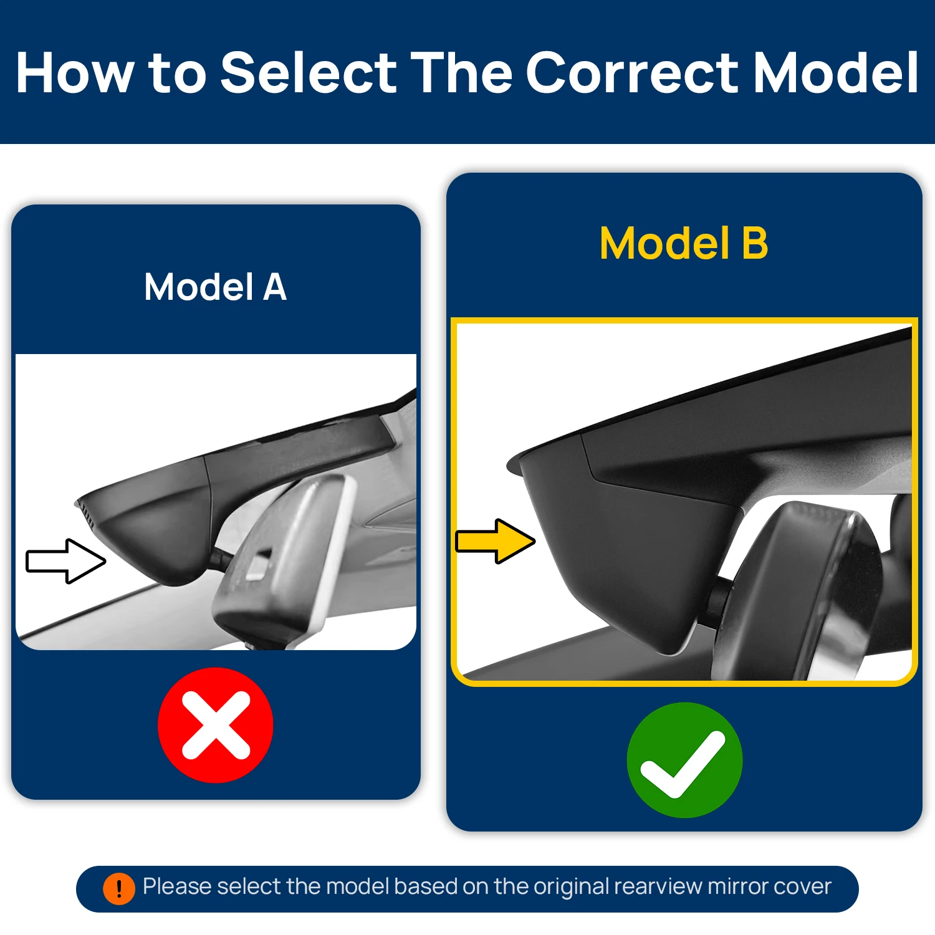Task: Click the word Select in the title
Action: tap(309, 72)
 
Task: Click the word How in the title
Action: tap(75, 72)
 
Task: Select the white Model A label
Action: tap(216, 287)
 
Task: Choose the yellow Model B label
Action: tap(684, 243)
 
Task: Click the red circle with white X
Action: tap(216, 725)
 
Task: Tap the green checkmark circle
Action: tap(684, 760)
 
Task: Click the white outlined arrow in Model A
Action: tap(65, 561)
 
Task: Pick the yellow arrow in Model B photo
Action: tap(496, 541)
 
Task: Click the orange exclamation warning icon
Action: tap(118, 888)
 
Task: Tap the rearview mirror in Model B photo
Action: tap(804, 592)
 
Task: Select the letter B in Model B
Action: tap(755, 243)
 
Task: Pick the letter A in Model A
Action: tap(275, 287)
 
